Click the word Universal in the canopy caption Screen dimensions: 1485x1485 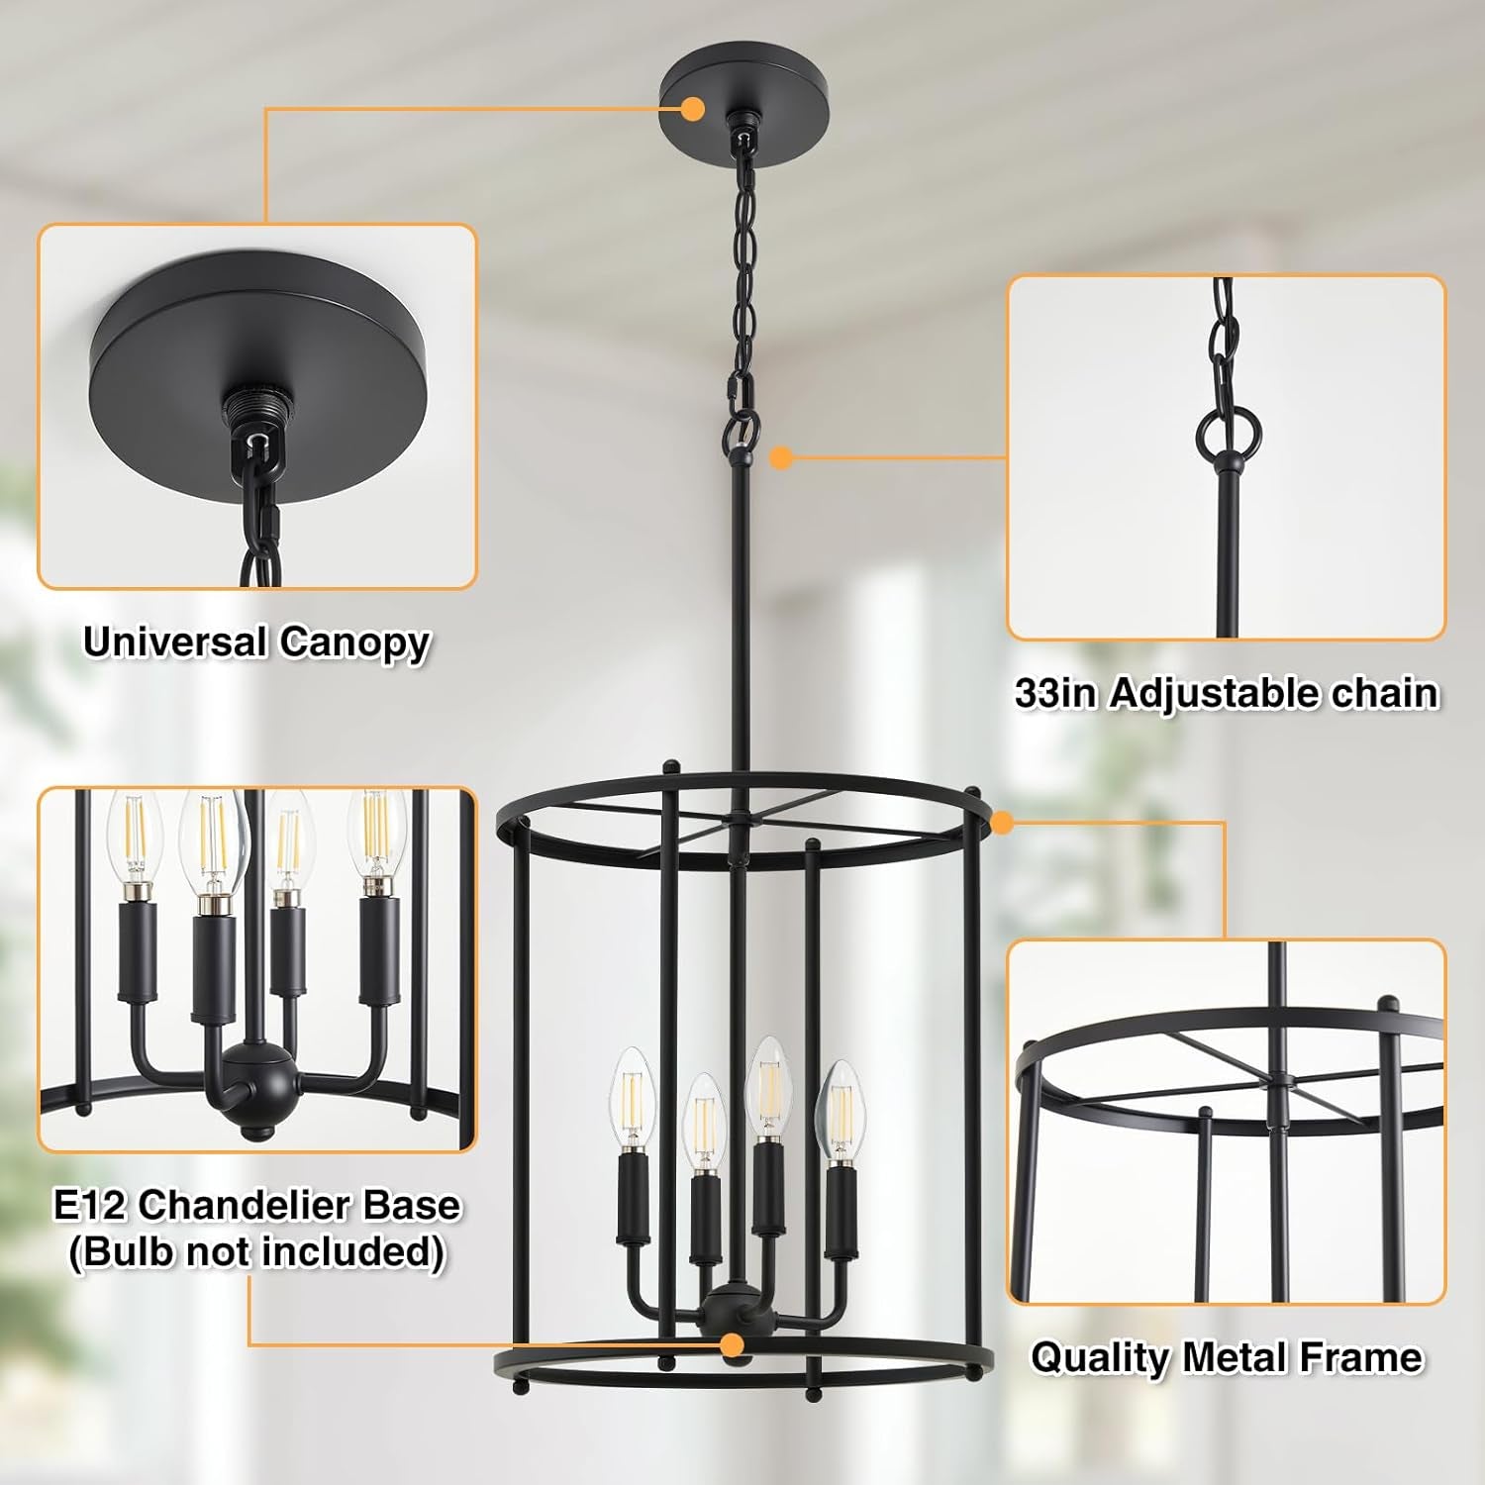(174, 642)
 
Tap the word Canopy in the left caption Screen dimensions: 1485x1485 (354, 643)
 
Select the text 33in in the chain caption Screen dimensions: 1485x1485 (1055, 693)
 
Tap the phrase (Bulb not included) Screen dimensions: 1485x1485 (256, 1251)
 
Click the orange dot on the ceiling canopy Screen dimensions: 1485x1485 (693, 108)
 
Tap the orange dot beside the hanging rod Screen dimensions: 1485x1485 (781, 457)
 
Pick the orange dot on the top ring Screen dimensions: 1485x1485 (1002, 821)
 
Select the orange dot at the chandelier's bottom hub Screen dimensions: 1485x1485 (732, 1344)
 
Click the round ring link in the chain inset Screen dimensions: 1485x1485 (1228, 430)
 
